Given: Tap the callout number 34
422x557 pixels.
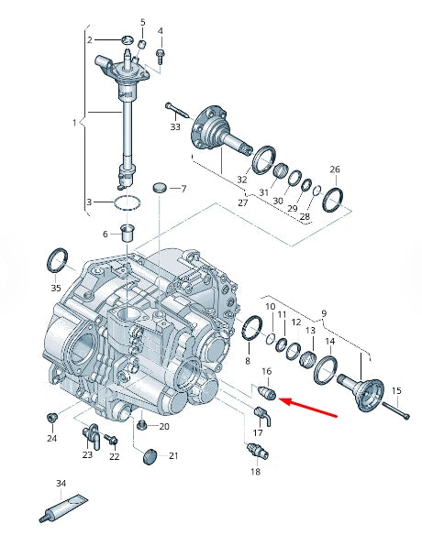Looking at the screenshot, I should [x=61, y=482].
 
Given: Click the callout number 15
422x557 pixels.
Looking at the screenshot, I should [x=397, y=391].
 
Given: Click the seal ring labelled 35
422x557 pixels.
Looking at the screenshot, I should [x=58, y=260].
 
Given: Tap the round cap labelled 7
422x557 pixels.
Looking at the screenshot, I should [x=161, y=187].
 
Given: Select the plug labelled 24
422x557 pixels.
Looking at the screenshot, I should [x=51, y=418].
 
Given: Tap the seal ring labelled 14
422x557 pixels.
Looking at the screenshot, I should [x=327, y=370].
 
